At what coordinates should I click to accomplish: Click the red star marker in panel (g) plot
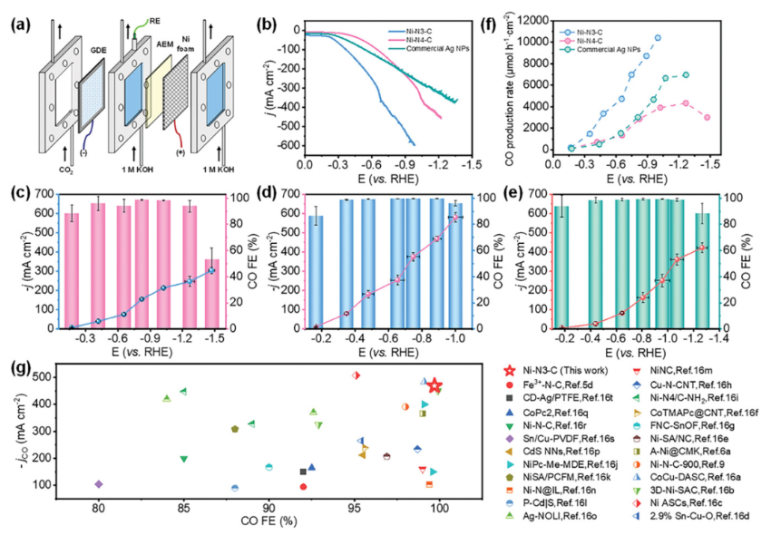[x=434, y=386]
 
